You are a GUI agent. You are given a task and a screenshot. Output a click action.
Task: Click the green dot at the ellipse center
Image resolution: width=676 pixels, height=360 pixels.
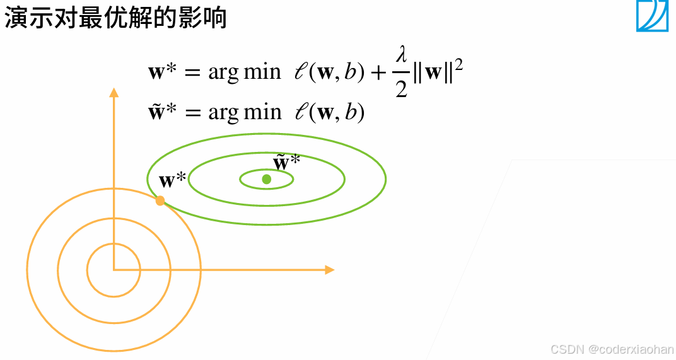click(x=267, y=179)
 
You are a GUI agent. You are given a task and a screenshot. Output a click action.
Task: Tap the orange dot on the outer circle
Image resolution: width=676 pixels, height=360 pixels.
click(x=160, y=200)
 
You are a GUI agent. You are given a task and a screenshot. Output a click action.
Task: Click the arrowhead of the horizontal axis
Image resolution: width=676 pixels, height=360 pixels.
click(x=329, y=270)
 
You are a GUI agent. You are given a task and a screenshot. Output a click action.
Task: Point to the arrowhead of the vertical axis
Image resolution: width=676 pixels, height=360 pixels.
click(x=114, y=93)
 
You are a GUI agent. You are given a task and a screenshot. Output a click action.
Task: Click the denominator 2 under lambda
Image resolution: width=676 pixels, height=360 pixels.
click(x=401, y=88)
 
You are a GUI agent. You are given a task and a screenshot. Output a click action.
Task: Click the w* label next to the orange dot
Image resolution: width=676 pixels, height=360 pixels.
click(x=172, y=181)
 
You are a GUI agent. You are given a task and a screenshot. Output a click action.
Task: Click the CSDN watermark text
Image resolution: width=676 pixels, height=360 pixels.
click(x=612, y=349)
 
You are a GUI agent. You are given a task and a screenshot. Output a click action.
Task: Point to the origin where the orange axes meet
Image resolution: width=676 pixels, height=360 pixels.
click(x=114, y=270)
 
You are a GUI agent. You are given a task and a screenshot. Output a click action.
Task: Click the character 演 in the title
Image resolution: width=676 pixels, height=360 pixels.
click(x=15, y=19)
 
